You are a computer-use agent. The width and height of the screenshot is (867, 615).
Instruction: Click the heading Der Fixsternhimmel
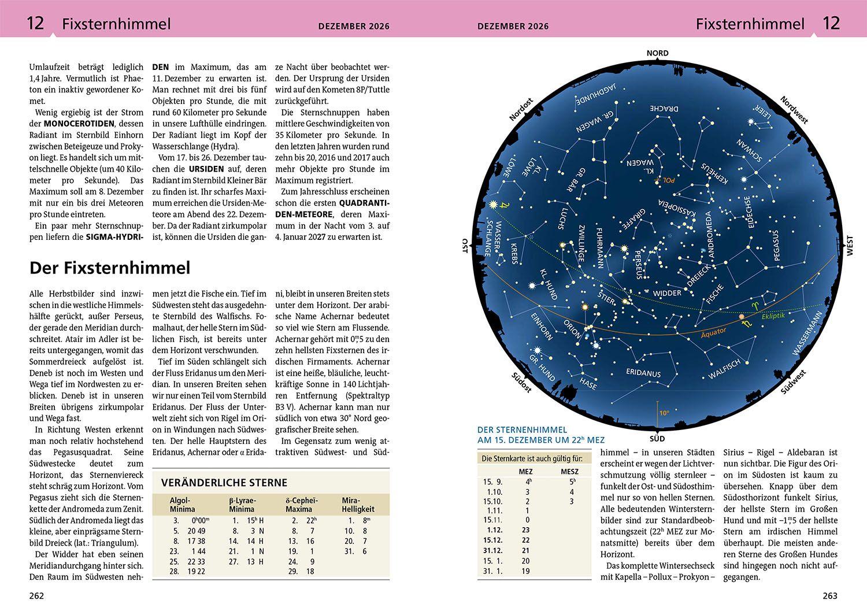[110, 268]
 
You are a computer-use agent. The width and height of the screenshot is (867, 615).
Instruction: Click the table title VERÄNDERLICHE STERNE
[224, 483]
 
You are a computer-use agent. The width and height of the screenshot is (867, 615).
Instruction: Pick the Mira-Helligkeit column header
[358, 505]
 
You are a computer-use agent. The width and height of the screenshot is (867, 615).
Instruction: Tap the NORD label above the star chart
[657, 53]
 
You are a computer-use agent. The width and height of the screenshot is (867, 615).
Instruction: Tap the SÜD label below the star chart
[657, 438]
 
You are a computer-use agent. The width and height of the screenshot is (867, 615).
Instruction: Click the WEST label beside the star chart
[849, 246]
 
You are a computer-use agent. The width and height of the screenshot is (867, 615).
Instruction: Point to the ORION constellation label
[572, 330]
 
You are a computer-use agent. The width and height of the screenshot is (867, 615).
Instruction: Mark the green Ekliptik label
[773, 316]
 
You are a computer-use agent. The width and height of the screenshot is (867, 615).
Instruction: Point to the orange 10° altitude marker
[664, 413]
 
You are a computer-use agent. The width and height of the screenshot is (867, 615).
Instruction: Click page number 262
[36, 596]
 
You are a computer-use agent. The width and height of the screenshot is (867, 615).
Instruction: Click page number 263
[829, 596]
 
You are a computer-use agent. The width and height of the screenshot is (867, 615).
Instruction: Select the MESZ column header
[569, 472]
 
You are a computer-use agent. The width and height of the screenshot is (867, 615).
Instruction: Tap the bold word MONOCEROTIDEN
[79, 124]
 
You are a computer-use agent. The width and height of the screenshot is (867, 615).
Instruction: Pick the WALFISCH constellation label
[724, 370]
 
